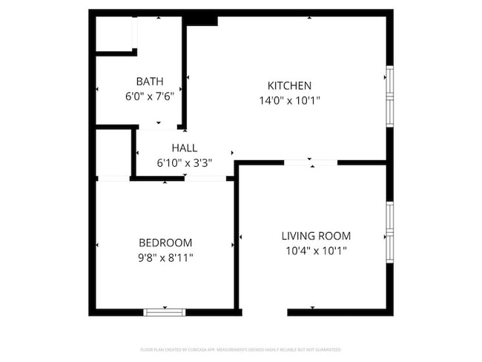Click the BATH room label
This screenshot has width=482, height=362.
pos(149,81)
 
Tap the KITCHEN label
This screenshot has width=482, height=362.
pos(289,85)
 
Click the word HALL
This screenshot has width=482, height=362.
pos(184,148)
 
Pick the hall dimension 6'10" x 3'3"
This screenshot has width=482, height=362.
pos(184,162)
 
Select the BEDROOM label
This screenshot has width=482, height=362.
pos(165,243)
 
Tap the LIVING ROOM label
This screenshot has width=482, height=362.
pos(316,236)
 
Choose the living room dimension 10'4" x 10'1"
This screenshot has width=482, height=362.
pos(316,251)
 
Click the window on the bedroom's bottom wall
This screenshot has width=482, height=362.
pos(164,312)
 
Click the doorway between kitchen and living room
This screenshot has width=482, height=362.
pos(311,162)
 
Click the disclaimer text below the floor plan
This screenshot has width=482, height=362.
pos(241,349)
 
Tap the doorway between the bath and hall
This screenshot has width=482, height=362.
pos(158,128)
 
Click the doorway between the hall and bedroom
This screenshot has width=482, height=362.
pos(205,178)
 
